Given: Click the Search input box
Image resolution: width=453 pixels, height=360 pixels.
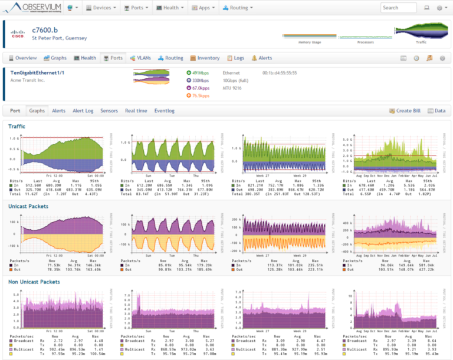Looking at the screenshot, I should pyautogui.click(x=398, y=8).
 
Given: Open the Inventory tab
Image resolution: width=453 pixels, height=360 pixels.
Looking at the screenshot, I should pyautogui.click(x=205, y=58).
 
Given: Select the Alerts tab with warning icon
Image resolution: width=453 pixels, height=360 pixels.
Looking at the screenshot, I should pyautogui.click(x=262, y=58).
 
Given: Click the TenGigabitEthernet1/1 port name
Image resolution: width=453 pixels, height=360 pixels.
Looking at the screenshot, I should pyautogui.click(x=38, y=72).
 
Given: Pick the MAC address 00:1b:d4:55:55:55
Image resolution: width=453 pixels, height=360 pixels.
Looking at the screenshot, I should pyautogui.click(x=279, y=72).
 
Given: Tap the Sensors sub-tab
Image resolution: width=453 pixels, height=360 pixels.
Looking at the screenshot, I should pyautogui.click(x=109, y=111).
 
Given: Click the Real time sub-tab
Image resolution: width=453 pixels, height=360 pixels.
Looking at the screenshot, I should pyautogui.click(x=136, y=111).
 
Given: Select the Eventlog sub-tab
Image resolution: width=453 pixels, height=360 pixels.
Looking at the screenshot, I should pyautogui.click(x=165, y=111).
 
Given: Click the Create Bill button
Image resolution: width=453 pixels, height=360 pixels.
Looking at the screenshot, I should pyautogui.click(x=404, y=111).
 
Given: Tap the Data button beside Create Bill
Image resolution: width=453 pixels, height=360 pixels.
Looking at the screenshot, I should pyautogui.click(x=437, y=111).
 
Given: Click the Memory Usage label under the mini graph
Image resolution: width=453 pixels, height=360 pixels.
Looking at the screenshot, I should pyautogui.click(x=310, y=42).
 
